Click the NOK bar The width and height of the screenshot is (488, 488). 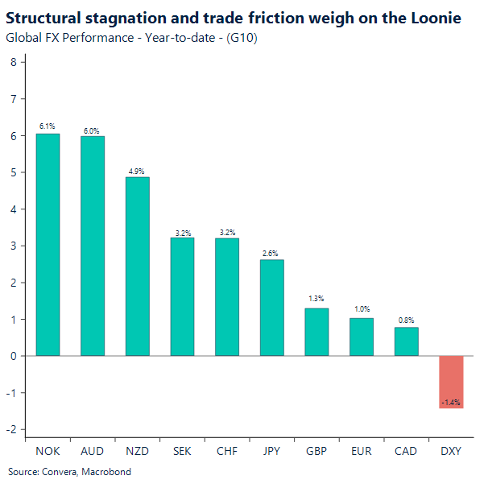coord(48,245)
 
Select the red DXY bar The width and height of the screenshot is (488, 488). coord(451,382)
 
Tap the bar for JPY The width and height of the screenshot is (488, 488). coord(271,308)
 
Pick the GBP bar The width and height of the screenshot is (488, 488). coord(316,332)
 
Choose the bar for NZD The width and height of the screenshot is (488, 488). coord(137,266)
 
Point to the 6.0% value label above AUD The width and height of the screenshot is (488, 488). coord(93,130)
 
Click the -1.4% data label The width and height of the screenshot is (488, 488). coord(451,401)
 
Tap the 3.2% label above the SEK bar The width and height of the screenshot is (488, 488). coord(182,233)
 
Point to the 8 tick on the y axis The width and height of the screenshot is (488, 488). coord(13,62)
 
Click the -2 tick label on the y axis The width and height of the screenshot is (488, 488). coord(11,429)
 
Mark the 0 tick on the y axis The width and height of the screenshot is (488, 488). coord(13,356)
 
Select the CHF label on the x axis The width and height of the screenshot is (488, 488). coord(226,451)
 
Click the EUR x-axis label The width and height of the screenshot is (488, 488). coord(361,451)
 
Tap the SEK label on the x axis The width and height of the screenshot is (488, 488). coord(182,451)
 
